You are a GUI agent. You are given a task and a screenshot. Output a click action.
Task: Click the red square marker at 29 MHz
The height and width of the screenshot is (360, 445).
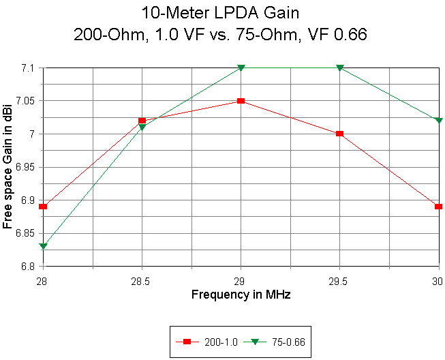(241, 101)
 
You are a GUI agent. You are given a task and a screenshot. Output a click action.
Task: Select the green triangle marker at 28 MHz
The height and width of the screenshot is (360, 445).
(43, 246)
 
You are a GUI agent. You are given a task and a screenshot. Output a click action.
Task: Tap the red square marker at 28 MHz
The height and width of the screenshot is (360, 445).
(43, 207)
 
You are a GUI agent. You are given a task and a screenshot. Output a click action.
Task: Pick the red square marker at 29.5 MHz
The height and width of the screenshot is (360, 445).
(339, 134)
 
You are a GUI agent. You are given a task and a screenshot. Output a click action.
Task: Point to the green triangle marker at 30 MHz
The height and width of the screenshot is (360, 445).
(438, 121)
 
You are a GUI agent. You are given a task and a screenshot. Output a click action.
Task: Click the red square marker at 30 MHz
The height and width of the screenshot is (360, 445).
(438, 207)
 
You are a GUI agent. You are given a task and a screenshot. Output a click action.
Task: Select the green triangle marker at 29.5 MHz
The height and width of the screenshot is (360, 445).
(339, 68)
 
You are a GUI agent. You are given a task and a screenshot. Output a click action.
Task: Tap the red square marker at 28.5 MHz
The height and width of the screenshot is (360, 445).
(142, 121)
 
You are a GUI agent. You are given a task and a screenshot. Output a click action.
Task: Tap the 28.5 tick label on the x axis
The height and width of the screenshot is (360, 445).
(142, 280)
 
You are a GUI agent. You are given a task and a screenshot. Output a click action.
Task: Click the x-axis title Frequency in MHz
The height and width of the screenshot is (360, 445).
(241, 295)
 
